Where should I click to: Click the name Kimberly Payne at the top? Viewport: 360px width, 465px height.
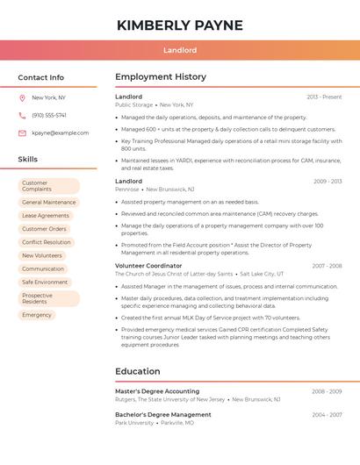[x=179, y=25]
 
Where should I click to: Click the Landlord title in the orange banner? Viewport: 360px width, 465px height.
[x=179, y=51]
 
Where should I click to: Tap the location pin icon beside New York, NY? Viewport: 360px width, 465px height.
[x=22, y=98]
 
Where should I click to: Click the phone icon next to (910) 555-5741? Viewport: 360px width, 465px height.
[x=22, y=116]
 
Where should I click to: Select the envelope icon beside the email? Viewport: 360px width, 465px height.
[x=22, y=133]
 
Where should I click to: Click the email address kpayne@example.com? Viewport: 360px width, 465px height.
[x=60, y=133]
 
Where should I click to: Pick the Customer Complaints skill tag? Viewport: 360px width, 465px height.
[x=48, y=186]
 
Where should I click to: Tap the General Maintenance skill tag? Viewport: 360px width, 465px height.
[x=49, y=203]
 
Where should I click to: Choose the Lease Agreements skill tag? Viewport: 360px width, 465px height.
[x=46, y=216]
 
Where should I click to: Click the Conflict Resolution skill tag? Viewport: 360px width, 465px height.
[x=47, y=242]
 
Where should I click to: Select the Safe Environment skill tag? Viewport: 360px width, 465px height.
[x=45, y=283]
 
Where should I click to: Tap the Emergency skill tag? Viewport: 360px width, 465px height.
[x=37, y=315]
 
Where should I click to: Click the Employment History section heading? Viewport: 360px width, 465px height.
[x=161, y=77]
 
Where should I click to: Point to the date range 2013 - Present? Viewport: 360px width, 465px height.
[x=324, y=97]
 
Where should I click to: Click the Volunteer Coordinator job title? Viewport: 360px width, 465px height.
[x=148, y=266]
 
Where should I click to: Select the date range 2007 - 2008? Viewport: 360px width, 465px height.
[x=327, y=266]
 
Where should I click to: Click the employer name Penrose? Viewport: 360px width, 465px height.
[x=126, y=190]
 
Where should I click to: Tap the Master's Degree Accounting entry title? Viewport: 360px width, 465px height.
[x=157, y=391]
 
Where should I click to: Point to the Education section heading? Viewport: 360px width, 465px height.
[x=138, y=371]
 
